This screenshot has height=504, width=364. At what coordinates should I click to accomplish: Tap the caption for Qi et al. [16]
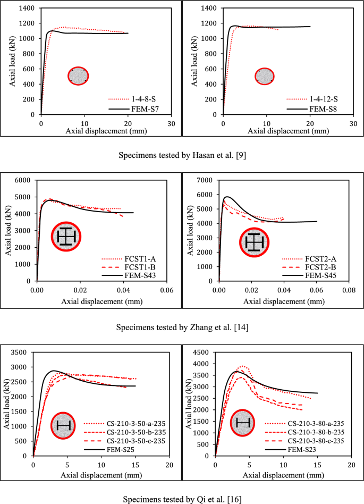(182, 499)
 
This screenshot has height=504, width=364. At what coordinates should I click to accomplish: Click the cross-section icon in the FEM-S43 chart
(65, 237)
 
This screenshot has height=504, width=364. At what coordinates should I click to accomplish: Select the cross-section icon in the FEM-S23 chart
(243, 423)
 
